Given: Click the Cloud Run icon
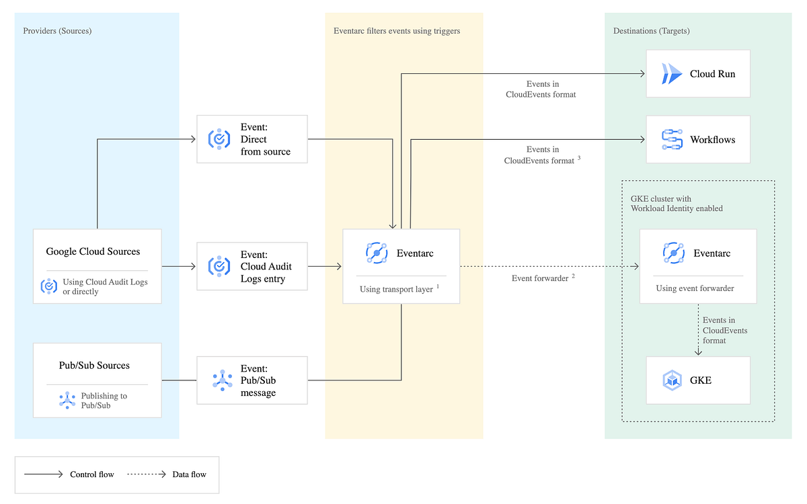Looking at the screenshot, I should point(670,74).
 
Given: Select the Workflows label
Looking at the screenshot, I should point(712,140).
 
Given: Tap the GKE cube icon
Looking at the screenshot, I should point(672,380).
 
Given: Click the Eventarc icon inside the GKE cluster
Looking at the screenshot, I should point(673,253).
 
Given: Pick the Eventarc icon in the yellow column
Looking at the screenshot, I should point(377,253).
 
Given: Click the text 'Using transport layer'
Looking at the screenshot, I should point(396,289).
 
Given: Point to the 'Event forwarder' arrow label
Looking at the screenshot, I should point(539,278).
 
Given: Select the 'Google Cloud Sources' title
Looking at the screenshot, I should point(93,251).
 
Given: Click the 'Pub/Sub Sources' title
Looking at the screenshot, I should point(94,366).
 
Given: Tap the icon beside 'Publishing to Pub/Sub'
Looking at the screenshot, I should point(67,401).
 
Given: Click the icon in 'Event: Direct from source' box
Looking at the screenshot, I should point(219,139).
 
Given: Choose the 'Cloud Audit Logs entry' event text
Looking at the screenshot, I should point(266,267).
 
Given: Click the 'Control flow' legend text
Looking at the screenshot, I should point(92,474).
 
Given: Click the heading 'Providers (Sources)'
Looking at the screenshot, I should point(57,31).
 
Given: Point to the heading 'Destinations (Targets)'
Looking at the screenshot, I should point(651,31).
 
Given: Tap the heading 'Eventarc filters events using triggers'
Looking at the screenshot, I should point(397,31).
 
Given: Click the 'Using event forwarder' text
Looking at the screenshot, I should point(695,288).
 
